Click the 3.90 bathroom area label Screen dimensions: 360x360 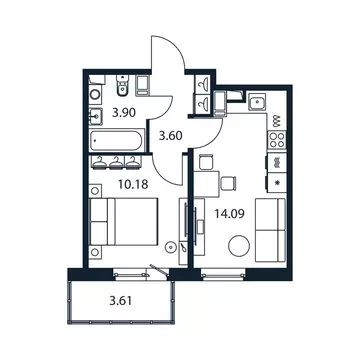pyautogui.click(x=123, y=111)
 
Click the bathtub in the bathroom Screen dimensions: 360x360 pyautogui.click(x=114, y=133)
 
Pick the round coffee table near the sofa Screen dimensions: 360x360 pyautogui.click(x=239, y=245)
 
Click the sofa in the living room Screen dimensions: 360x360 pyautogui.click(x=271, y=227)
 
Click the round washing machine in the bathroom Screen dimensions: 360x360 pyautogui.click(x=95, y=96)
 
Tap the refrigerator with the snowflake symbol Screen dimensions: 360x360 pyautogui.click(x=277, y=182)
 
